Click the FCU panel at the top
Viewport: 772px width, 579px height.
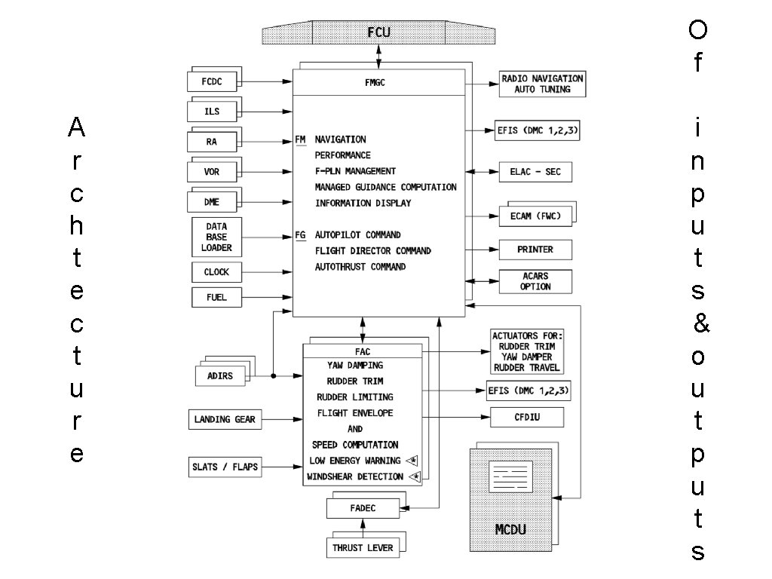pyautogui.click(x=378, y=32)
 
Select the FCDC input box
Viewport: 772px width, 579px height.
pyautogui.click(x=211, y=81)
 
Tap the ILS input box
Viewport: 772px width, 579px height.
pyautogui.click(x=211, y=112)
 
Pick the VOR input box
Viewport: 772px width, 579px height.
pyautogui.click(x=211, y=172)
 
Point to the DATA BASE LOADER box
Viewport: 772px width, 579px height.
pyautogui.click(x=216, y=237)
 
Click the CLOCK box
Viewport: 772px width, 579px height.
pyautogui.click(x=216, y=272)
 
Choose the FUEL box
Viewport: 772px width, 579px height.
pyautogui.click(x=216, y=298)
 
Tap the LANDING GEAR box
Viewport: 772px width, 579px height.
pyautogui.click(x=225, y=419)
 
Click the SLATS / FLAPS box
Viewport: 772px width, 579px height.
pyautogui.click(x=225, y=467)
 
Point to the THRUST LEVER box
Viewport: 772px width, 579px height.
pyautogui.click(x=363, y=547)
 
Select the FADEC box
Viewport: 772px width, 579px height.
pyautogui.click(x=363, y=509)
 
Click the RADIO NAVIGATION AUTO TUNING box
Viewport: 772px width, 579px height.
pyautogui.click(x=542, y=84)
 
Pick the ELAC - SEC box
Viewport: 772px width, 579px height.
pyautogui.click(x=535, y=172)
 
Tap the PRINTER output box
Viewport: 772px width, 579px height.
pyautogui.click(x=535, y=250)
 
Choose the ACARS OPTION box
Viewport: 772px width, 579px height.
pyautogui.click(x=535, y=281)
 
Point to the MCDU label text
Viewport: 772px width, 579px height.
pyautogui.click(x=510, y=530)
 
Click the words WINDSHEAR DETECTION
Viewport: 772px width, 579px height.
pyautogui.click(x=355, y=476)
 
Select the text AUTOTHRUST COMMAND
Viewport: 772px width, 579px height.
pyautogui.click(x=360, y=267)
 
